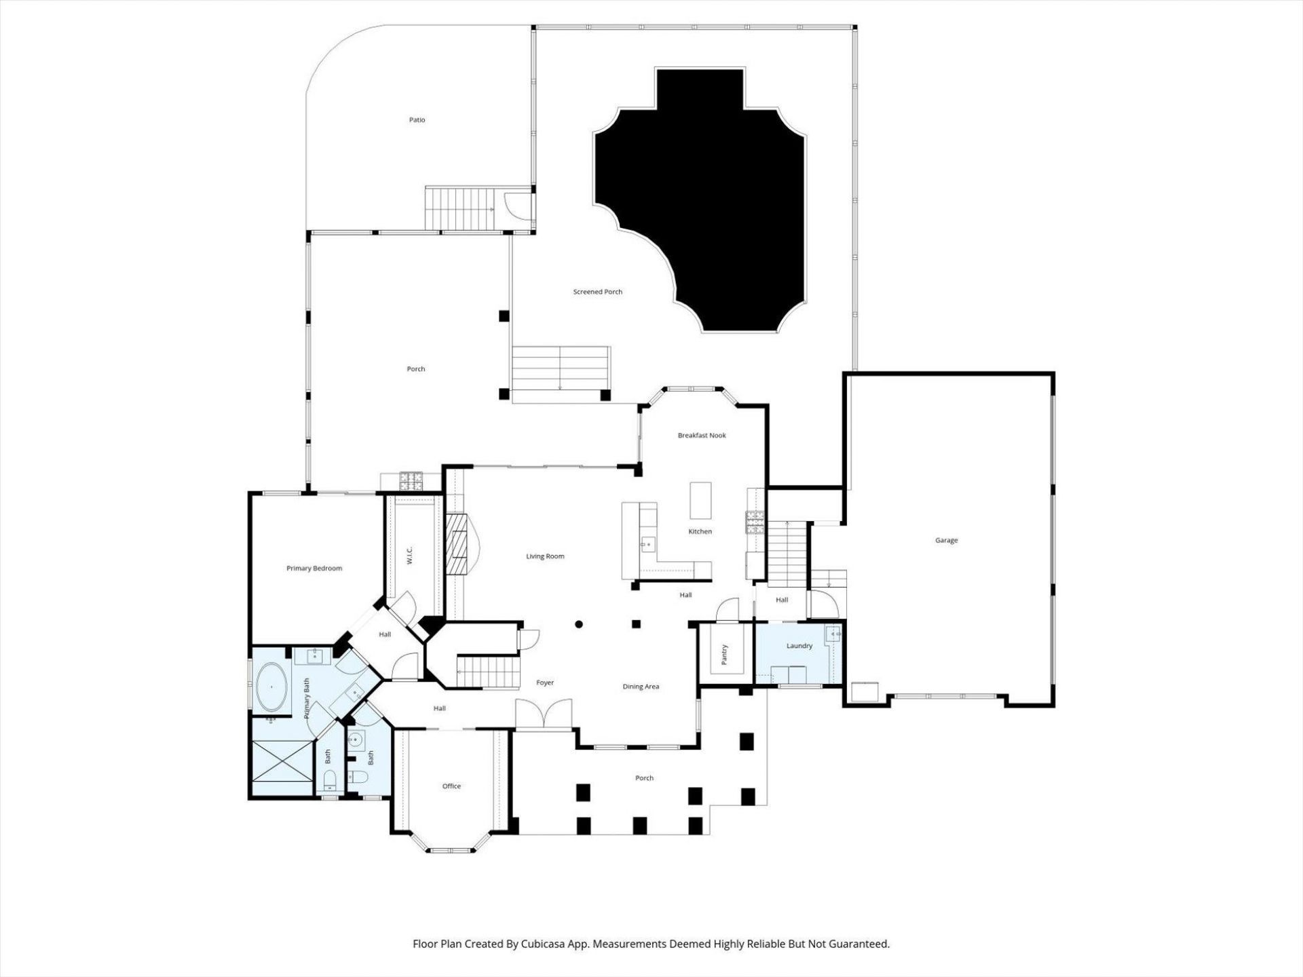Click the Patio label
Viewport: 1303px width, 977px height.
[x=417, y=120]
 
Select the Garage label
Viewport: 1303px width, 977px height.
[x=946, y=541]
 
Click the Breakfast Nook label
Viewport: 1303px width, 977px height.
[x=702, y=436]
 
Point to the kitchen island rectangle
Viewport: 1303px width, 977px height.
[x=700, y=500]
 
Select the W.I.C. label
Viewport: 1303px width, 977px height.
[x=409, y=556]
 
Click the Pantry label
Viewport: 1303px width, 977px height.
[x=724, y=655]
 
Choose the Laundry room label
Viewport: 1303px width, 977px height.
[x=799, y=646]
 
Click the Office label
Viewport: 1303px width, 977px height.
[x=451, y=786]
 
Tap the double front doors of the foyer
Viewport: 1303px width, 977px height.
[x=544, y=716]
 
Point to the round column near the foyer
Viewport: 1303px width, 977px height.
[x=579, y=624]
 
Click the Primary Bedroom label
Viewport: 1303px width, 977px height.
[x=314, y=569]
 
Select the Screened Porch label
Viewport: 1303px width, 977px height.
[x=597, y=292]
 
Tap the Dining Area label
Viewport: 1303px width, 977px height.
[x=641, y=687]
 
